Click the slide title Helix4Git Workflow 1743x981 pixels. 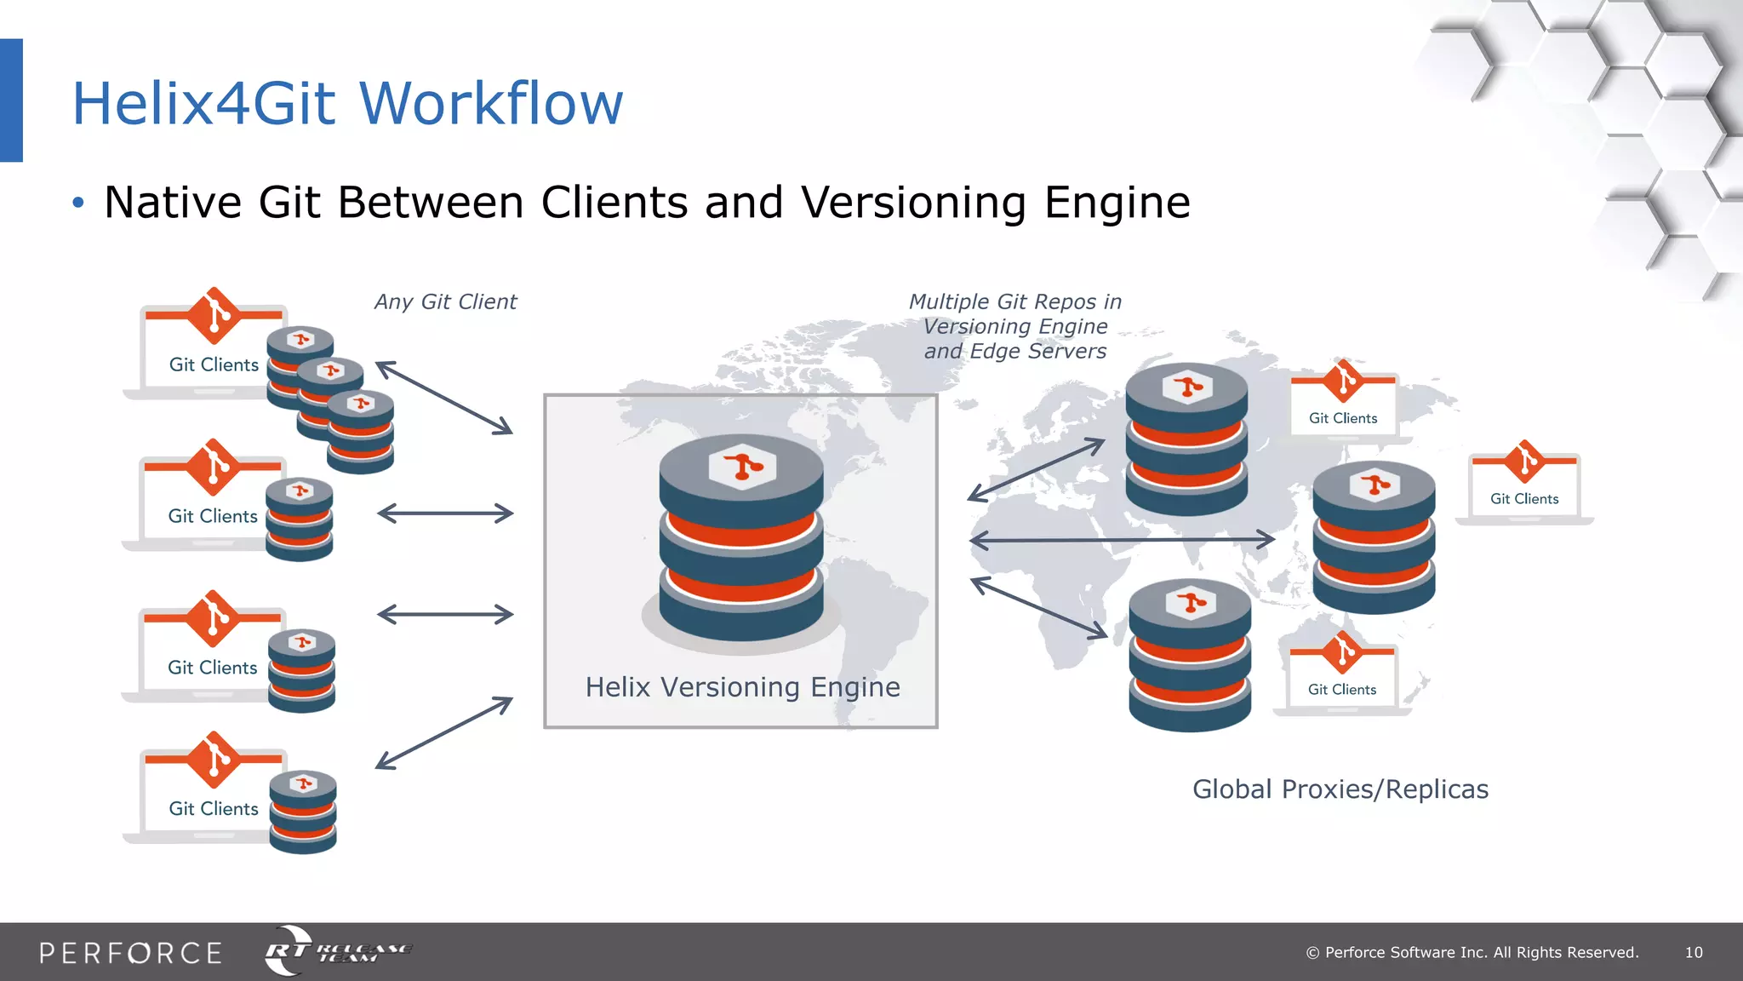(347, 103)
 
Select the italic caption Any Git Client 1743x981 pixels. (445, 301)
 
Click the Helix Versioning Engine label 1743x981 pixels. (742, 686)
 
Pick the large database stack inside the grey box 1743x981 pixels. (741, 536)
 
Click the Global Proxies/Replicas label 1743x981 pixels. (1340, 789)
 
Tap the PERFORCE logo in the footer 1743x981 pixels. (130, 952)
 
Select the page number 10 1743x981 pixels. (1694, 952)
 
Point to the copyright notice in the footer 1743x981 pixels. (1472, 952)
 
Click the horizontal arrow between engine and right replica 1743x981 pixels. (1122, 539)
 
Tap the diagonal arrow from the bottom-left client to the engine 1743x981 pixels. (444, 732)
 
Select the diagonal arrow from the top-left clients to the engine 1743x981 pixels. (444, 398)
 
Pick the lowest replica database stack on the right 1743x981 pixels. (1190, 656)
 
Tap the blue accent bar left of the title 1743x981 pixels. (11, 100)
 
